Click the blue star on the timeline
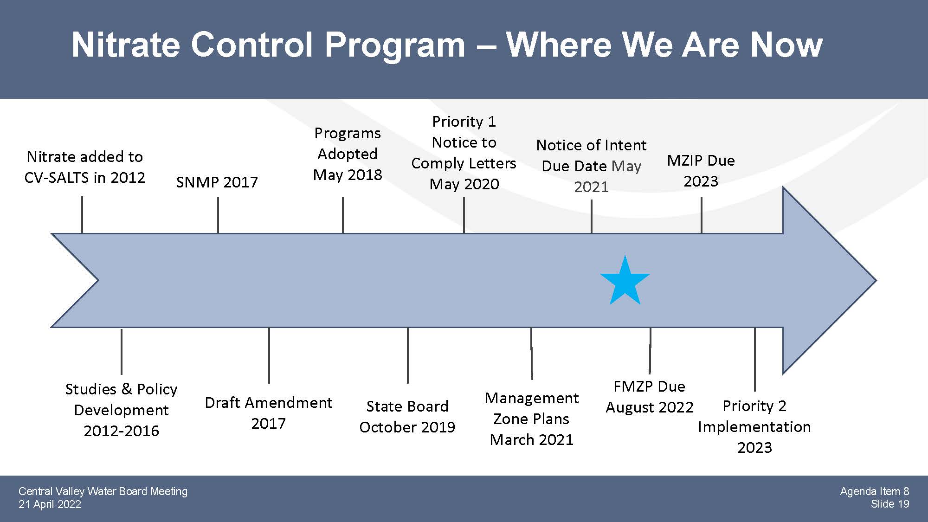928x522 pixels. pyautogui.click(x=625, y=282)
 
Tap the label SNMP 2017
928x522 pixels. pyautogui.click(x=217, y=182)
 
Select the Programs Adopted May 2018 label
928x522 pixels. pyautogui.click(x=348, y=154)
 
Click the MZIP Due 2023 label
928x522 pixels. pyautogui.click(x=701, y=170)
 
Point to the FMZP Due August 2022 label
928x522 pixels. pyautogui.click(x=649, y=396)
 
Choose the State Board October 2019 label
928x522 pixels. pyautogui.click(x=407, y=416)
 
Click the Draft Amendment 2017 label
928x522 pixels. pyautogui.click(x=268, y=412)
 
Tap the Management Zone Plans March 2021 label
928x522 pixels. pyautogui.click(x=532, y=419)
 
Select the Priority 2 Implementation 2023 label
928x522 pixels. pyautogui.click(x=754, y=426)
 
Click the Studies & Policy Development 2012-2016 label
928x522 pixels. pyautogui.click(x=121, y=410)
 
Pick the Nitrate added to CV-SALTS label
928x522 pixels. pyautogui.click(x=84, y=167)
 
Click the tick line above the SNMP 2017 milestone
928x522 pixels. pyautogui.click(x=218, y=215)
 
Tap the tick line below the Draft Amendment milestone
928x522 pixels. pyautogui.click(x=269, y=355)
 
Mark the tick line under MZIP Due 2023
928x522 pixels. pyautogui.click(x=701, y=215)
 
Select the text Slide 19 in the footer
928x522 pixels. pyautogui.click(x=890, y=504)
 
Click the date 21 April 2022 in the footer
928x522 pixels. pyautogui.click(x=50, y=504)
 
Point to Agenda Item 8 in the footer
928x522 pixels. pyautogui.click(x=875, y=491)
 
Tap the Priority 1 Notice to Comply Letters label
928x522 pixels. pyautogui.click(x=464, y=153)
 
